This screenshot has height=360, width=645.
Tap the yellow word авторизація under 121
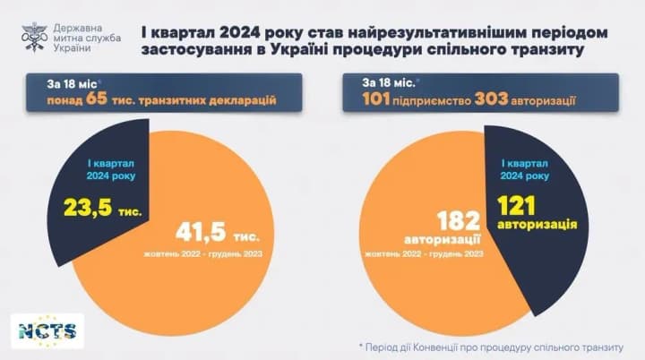point(537,224)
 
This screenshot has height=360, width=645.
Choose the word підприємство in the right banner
point(435,98)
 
